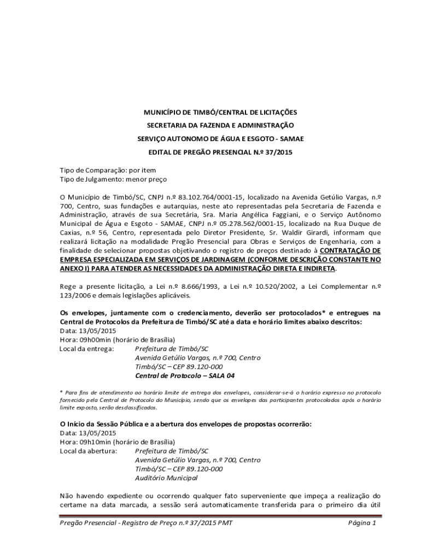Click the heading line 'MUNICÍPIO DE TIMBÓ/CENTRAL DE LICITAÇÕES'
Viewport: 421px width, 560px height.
(220, 112)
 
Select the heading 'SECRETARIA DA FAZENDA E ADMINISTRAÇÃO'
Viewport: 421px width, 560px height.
(220, 126)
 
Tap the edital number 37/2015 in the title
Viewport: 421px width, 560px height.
(280, 153)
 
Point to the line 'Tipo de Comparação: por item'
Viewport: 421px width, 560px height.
(108, 170)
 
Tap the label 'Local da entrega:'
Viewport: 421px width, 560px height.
(86, 349)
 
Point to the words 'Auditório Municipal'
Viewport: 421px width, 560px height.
(166, 478)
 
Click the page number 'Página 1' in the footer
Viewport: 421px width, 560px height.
(362, 523)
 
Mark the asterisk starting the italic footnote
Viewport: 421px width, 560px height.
(61, 392)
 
